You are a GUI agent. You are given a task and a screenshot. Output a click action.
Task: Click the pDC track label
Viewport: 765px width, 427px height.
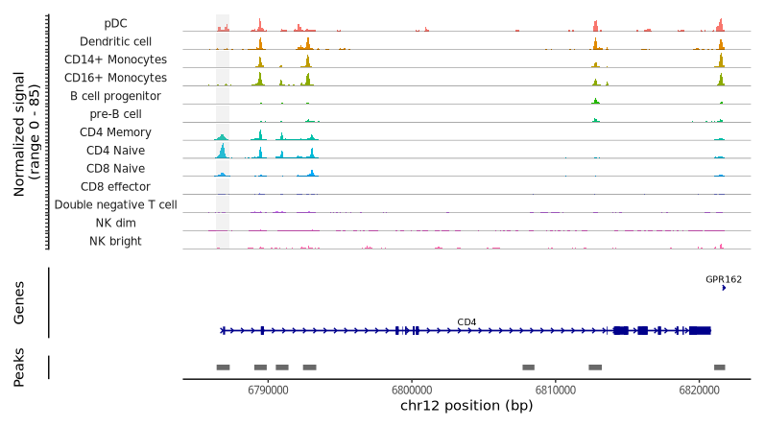(116, 23)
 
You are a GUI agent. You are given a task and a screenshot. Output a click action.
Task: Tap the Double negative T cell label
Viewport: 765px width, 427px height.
(115, 204)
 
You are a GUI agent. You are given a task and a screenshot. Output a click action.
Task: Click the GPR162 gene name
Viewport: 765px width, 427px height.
(724, 280)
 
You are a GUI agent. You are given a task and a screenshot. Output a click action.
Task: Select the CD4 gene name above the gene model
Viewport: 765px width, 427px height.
(466, 321)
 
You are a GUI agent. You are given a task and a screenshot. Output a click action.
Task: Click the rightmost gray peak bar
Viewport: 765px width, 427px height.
(720, 368)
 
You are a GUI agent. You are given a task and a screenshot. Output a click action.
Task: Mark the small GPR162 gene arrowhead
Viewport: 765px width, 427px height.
(724, 288)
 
